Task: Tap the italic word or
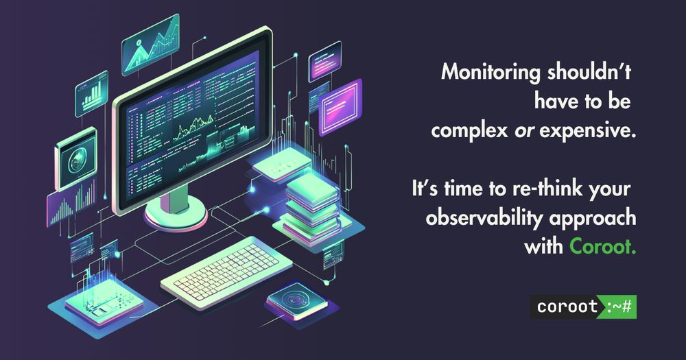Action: [x=523, y=131]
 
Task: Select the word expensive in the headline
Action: [x=587, y=131]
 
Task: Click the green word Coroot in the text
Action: [x=602, y=247]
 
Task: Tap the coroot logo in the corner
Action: [x=583, y=307]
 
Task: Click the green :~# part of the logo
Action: [x=619, y=307]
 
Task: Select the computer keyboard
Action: [x=226, y=272]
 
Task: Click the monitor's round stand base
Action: [x=176, y=215]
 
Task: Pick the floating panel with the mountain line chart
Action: [x=151, y=44]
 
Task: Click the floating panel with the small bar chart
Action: [x=91, y=93]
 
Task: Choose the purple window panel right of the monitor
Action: [x=340, y=107]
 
